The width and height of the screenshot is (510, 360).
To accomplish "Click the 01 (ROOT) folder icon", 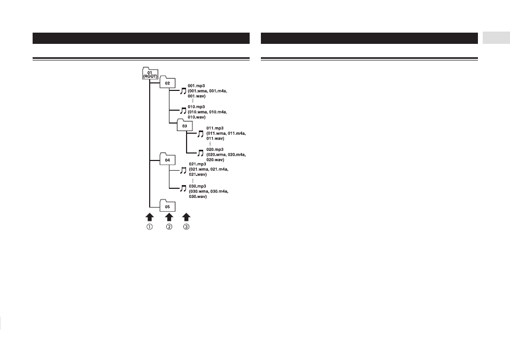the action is pos(150,74).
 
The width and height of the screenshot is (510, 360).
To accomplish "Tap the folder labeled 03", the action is pos(184,125).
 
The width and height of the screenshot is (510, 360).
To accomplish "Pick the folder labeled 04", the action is pos(167,159).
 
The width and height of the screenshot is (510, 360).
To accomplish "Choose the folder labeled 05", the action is pos(167,206).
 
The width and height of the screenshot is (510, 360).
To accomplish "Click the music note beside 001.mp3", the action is pos(183,91).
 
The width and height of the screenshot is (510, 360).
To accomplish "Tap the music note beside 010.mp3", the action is pos(183,111).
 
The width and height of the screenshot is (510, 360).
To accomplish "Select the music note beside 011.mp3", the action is pos(200,134).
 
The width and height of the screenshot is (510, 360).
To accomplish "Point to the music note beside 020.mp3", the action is pos(200,153).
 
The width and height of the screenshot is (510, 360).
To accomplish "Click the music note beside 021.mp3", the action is pos(183,170).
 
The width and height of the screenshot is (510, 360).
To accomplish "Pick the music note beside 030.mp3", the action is pos(183,188).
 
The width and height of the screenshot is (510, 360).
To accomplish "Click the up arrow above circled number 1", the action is pos(149,217).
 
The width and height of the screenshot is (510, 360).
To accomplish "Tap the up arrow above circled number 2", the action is pos(169,217).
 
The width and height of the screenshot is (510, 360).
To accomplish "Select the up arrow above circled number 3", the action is pos(187,217).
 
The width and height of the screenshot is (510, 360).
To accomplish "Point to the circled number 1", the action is pos(149,227).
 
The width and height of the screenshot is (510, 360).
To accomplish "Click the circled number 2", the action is pos(169,227).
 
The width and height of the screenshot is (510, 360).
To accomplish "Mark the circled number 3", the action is pos(187,227).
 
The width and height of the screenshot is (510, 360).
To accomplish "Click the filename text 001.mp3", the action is pos(196,86).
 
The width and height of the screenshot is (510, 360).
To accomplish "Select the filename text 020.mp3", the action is pos(215,150).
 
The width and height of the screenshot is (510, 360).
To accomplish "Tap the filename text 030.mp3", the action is pos(197,186).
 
